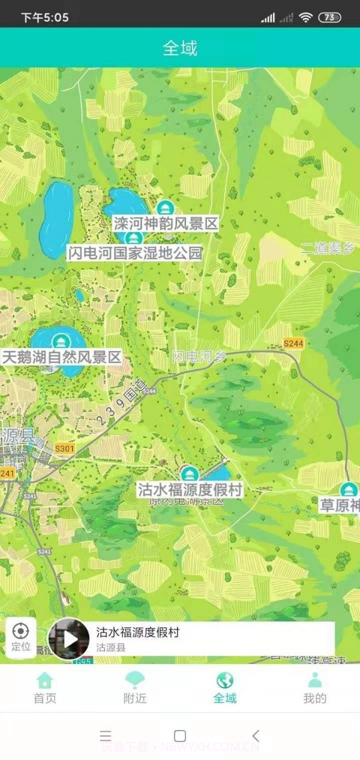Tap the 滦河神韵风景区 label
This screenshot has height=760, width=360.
pyautogui.click(x=165, y=224)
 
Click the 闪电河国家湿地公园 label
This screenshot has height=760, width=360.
pyautogui.click(x=134, y=253)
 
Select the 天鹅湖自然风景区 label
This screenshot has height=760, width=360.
pyautogui.click(x=61, y=358)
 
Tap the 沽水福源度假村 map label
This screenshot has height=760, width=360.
pyautogui.click(x=190, y=489)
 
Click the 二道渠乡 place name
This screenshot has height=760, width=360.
pyautogui.click(x=328, y=248)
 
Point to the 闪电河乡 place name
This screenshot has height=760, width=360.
pyautogui.click(x=199, y=356)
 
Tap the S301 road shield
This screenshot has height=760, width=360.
pyautogui.click(x=64, y=449)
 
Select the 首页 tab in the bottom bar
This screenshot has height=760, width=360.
pyautogui.click(x=45, y=687)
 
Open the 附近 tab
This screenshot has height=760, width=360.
pyautogui.click(x=135, y=687)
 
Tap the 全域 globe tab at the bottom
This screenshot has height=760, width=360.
pyautogui.click(x=225, y=687)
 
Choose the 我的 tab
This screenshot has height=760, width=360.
pyautogui.click(x=315, y=687)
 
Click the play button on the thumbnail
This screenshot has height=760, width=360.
pyautogui.click(x=70, y=639)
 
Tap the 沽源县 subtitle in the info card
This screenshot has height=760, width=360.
pyautogui.click(x=111, y=648)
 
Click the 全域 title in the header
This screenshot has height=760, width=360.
pyautogui.click(x=180, y=48)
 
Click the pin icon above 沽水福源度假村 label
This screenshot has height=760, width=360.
pyautogui.click(x=190, y=474)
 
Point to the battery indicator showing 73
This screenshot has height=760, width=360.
pyautogui.click(x=329, y=17)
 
